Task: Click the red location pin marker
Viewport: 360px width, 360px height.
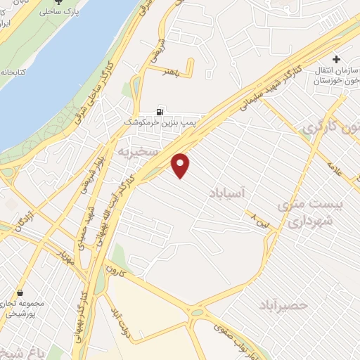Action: tap(181, 165)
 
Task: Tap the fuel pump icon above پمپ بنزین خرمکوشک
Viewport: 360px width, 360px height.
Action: tap(161, 111)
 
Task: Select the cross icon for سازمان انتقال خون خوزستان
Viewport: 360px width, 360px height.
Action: tap(337, 59)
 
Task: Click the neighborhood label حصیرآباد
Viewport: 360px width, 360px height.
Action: tap(283, 305)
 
